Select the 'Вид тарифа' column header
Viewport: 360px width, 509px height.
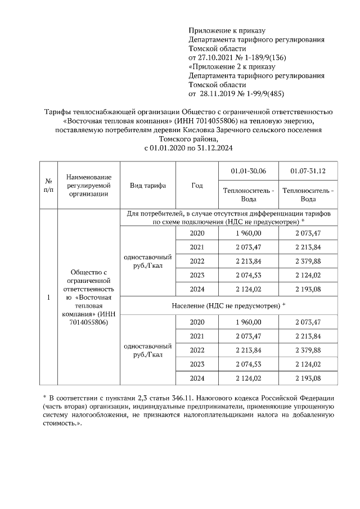pos(147,186)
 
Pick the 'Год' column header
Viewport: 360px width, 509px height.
pos(197,186)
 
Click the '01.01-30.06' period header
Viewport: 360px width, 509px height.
pos(249,171)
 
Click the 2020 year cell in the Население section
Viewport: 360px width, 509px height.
pos(197,322)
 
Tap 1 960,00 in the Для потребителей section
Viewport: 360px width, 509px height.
pos(249,233)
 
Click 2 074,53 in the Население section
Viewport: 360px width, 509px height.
pos(249,364)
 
